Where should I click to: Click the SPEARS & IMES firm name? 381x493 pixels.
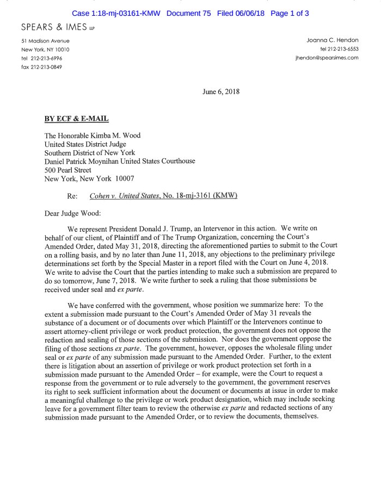tap(54, 27)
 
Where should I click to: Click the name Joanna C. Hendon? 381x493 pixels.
tap(333, 41)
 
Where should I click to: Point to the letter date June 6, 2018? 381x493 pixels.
tap(220, 92)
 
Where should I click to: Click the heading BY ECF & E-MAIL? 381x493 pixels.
tap(79, 118)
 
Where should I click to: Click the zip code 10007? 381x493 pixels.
tap(125, 178)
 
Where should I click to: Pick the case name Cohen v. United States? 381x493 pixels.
tap(125, 195)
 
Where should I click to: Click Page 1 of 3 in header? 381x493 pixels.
tap(290, 13)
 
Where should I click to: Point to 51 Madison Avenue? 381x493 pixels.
tap(45, 41)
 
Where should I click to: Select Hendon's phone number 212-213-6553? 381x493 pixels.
tap(339, 50)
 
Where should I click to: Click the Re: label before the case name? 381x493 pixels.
tap(72, 195)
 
